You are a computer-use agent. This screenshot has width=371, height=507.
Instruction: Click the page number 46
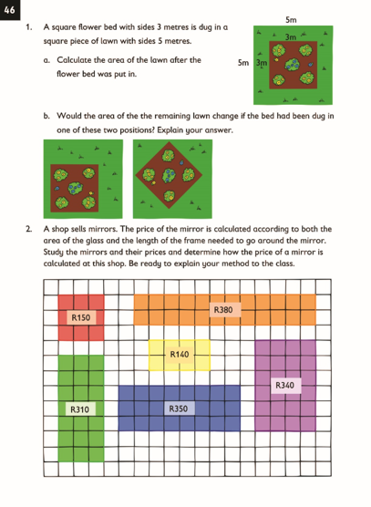tap(9, 10)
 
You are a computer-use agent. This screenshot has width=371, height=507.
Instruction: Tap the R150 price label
tap(81, 317)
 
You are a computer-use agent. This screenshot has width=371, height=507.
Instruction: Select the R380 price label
tap(223, 310)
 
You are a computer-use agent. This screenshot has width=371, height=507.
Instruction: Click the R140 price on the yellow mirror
tap(180, 355)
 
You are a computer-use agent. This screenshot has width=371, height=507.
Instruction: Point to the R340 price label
tap(284, 385)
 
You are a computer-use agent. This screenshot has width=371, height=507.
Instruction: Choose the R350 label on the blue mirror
tap(179, 409)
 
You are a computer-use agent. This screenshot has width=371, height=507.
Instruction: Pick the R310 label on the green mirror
tap(79, 409)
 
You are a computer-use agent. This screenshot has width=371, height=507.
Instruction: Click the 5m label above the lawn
tap(291, 20)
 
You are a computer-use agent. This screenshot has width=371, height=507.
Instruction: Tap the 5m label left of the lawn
tap(243, 63)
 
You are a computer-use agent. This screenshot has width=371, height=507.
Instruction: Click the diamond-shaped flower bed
tap(169, 175)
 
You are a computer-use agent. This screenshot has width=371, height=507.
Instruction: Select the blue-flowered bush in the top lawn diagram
tap(293, 65)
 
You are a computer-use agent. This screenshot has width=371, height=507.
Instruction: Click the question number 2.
tap(29, 229)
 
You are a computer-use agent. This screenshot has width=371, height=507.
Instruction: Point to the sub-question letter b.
tap(46, 116)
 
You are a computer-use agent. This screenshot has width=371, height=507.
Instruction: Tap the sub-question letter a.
tap(46, 60)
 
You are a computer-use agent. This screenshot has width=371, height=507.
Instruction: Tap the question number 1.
tap(28, 27)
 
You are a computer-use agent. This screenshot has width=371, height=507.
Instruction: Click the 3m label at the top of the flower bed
tap(291, 37)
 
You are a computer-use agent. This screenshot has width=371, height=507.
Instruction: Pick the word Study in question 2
tap(53, 253)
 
